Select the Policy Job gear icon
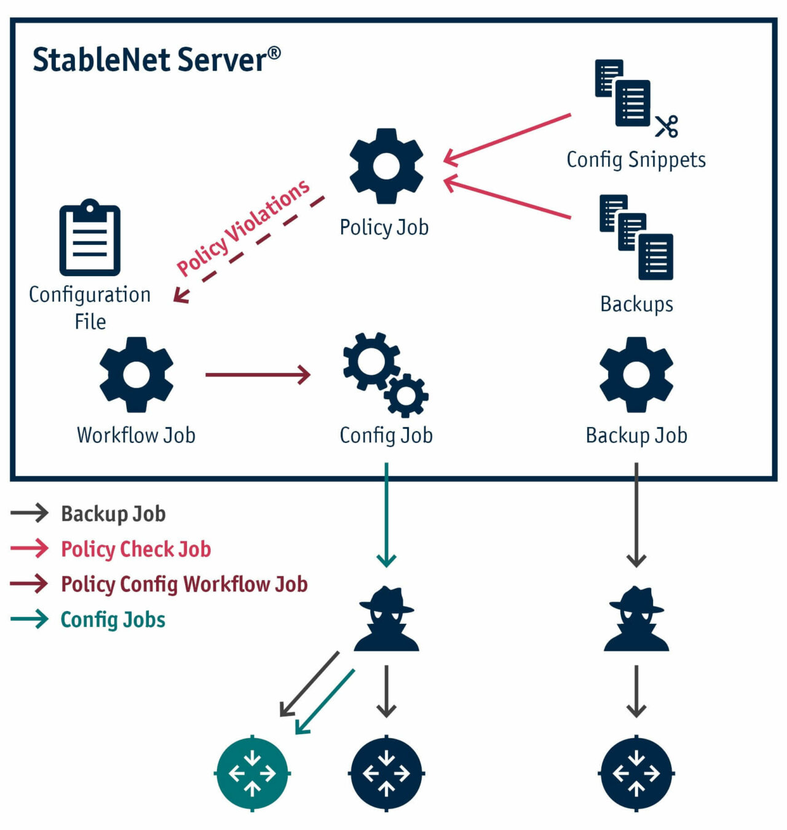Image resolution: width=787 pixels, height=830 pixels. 386,166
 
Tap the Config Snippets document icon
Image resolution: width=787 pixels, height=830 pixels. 622,93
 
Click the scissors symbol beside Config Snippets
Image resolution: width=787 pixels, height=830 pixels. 666,126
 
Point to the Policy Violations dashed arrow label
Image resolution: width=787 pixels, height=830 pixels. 243,228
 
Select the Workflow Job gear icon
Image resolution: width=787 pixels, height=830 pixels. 136,374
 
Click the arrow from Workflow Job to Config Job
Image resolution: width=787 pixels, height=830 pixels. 258,374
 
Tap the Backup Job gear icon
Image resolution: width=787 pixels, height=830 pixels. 636,374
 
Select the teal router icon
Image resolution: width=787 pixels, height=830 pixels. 252,773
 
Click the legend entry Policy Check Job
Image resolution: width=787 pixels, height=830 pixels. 136,549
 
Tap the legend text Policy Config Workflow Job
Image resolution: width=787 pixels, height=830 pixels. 184,584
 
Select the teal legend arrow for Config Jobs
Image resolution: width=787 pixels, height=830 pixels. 30,619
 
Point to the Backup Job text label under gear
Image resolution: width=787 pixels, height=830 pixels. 636,435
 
